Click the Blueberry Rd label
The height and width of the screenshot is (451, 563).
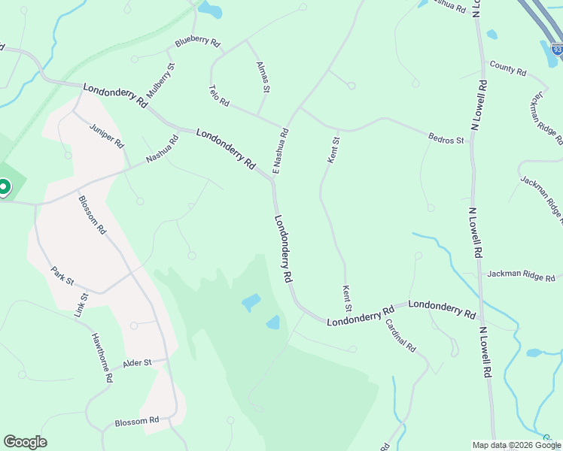pos(197,43)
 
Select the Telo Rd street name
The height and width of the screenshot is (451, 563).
pos(219,95)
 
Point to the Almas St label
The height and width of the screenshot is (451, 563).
pos(263,77)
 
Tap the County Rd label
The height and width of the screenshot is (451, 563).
pos(507,68)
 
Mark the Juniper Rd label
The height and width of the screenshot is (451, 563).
pos(106,135)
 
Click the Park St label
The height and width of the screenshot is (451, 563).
pos(62,275)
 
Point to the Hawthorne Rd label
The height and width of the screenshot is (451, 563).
pos(102,359)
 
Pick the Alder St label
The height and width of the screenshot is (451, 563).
pos(138,362)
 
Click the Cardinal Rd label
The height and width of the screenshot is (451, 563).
pos(400,336)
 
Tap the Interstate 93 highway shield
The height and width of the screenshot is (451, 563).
pos(557,50)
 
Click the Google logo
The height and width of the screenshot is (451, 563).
pos(25,442)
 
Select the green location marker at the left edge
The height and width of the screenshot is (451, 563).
pos(3,186)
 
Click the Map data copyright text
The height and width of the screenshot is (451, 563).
pos(516,445)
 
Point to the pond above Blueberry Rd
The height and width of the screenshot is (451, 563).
pos(209,11)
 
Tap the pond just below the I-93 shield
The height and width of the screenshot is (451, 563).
pos(548,54)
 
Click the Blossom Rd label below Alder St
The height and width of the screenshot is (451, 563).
pos(137,422)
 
